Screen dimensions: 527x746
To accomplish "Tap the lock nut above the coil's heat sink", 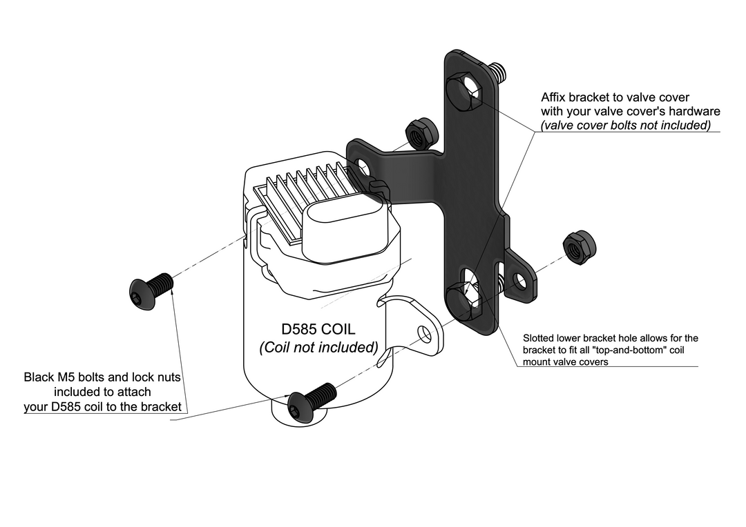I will [x=420, y=133].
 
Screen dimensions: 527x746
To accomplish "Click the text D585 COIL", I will [x=318, y=329].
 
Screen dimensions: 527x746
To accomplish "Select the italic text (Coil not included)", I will [x=318, y=347].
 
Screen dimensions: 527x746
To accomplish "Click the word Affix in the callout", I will [x=555, y=97].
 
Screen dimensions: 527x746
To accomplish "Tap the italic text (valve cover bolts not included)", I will [x=626, y=125].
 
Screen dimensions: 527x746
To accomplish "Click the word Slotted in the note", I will [x=539, y=338].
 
